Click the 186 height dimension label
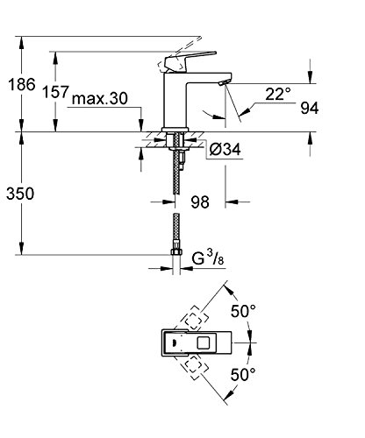tap(22, 85)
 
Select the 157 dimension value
tap(55, 92)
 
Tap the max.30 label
tap(100, 98)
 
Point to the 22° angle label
tap(278, 94)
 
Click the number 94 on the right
tap(310, 109)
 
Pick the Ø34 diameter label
tap(225, 150)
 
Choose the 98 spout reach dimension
tap(200, 202)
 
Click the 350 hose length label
tap(20, 194)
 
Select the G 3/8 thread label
tap(208, 258)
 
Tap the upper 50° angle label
tap(243, 311)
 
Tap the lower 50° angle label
tap(243, 374)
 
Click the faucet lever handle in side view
tap(190, 61)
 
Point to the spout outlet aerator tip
tap(224, 82)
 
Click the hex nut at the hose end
tap(176, 251)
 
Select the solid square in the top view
tap(204, 343)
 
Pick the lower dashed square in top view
tap(196, 368)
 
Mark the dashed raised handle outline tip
tap(200, 38)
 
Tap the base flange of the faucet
tap(175, 130)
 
